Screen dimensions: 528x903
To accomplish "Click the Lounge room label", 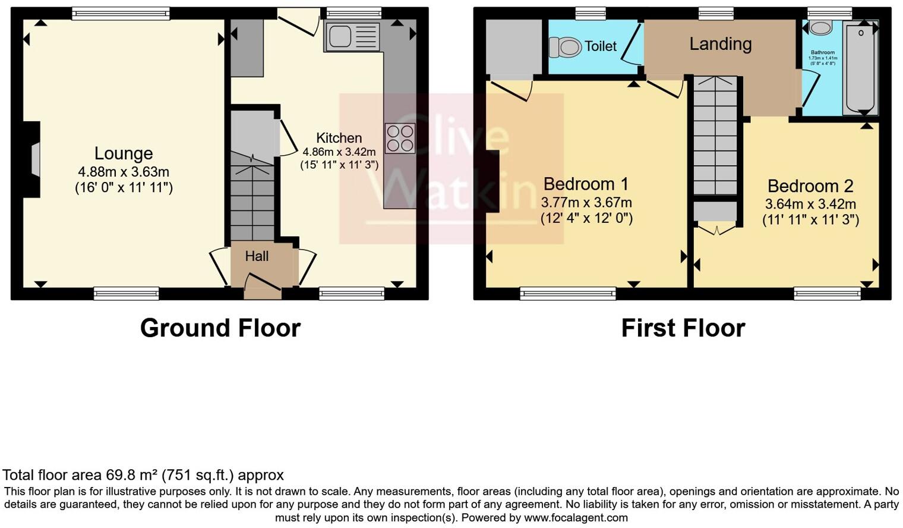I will [124, 153].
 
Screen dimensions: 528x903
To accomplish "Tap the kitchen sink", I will [352, 36].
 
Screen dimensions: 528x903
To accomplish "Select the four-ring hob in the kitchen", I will [399, 138].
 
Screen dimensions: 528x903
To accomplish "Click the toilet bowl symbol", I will [565, 46].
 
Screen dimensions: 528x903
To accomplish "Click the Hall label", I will [257, 256].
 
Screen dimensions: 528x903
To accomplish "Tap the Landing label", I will [720, 44].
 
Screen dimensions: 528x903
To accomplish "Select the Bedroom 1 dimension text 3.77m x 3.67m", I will [586, 202].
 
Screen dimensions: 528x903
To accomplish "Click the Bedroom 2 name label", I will [810, 186].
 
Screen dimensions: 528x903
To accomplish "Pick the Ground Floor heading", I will [220, 328].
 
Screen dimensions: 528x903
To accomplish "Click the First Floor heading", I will [683, 328].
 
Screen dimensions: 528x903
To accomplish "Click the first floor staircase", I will [715, 137].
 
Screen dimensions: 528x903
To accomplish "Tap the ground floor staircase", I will [252, 202].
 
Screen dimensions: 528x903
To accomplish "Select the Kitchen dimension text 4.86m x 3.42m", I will [339, 152].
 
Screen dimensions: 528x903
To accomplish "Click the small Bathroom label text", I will [823, 52].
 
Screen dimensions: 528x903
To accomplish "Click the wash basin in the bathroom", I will [822, 27].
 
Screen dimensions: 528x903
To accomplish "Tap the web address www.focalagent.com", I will [576, 518].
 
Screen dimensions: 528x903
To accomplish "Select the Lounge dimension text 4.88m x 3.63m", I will [124, 172].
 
